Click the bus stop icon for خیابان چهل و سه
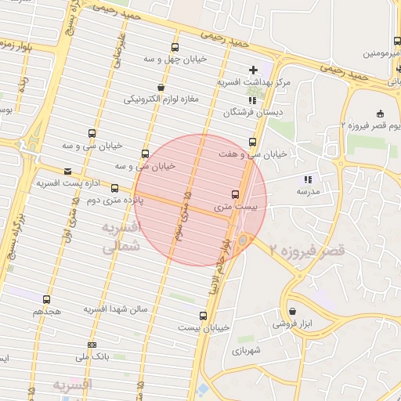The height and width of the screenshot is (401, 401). [174, 47]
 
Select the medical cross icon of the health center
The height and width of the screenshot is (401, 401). [253, 70]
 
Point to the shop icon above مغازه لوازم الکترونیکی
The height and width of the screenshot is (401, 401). [161, 87]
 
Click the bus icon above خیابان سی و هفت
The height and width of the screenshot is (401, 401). [252, 142]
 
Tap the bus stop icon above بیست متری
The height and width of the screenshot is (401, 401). [235, 193]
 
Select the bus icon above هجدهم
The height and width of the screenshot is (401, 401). [47, 299]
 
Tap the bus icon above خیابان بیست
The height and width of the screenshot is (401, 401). [204, 316]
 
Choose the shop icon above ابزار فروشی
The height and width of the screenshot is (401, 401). [292, 311]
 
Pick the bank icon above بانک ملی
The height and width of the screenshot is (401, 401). [92, 345]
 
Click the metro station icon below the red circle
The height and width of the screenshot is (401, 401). [243, 239]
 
